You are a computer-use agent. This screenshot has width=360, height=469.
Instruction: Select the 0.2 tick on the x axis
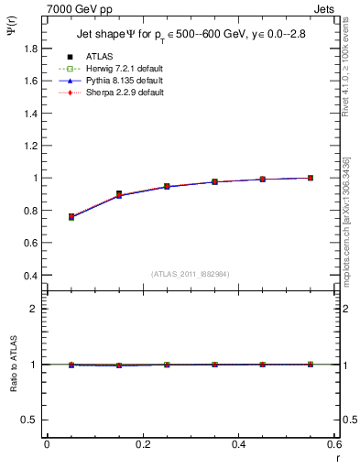coord(142,444)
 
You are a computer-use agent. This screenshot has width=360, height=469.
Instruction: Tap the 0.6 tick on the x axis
coord(333,444)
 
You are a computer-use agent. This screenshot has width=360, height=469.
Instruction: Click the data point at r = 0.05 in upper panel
coord(71,217)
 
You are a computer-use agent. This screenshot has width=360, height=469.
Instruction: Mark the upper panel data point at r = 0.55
coord(311,178)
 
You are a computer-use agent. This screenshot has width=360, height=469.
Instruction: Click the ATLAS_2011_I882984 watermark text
coord(190,273)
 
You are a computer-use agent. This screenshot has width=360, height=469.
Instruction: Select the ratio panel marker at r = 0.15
coord(118,365)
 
